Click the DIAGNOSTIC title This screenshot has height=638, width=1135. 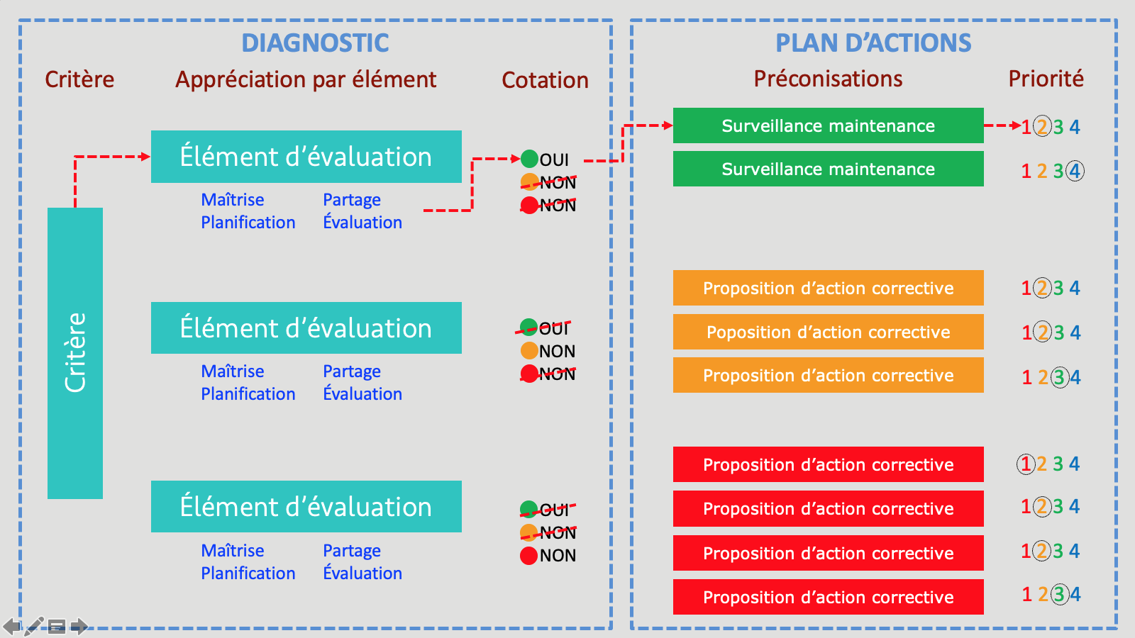click(x=315, y=43)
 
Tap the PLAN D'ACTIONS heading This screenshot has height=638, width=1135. click(x=873, y=43)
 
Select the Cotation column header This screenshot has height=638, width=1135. click(x=546, y=80)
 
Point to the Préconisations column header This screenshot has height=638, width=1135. click(x=828, y=79)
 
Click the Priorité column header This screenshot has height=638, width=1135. click(x=1046, y=79)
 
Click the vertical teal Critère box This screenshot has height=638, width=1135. click(x=75, y=353)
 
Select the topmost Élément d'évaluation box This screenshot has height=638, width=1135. click(x=306, y=157)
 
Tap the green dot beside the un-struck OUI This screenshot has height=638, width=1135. click(x=529, y=159)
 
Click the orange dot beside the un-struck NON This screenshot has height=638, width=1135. click(x=529, y=350)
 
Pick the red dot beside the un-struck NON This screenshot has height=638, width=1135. click(x=528, y=556)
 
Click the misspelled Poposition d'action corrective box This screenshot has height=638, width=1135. click(x=828, y=332)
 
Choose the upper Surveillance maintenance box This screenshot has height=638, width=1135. click(x=828, y=125)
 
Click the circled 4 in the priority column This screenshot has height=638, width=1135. click(x=1075, y=171)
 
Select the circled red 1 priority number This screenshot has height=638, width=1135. click(x=1026, y=464)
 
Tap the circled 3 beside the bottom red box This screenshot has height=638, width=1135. click(x=1059, y=594)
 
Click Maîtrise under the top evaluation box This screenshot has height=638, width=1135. click(x=233, y=199)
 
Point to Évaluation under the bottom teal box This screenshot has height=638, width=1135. click(x=362, y=573)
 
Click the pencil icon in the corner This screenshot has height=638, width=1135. click(x=34, y=627)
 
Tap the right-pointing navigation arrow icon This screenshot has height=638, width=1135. click(x=79, y=627)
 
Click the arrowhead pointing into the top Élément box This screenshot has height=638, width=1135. click(x=145, y=157)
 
